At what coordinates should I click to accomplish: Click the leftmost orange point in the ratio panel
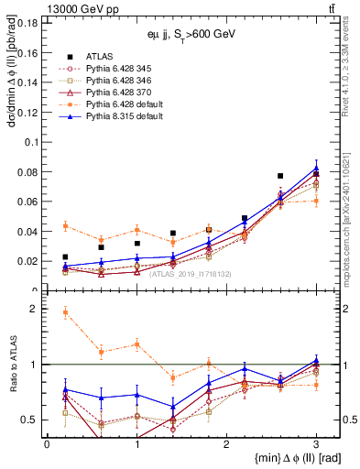point(65,312)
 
